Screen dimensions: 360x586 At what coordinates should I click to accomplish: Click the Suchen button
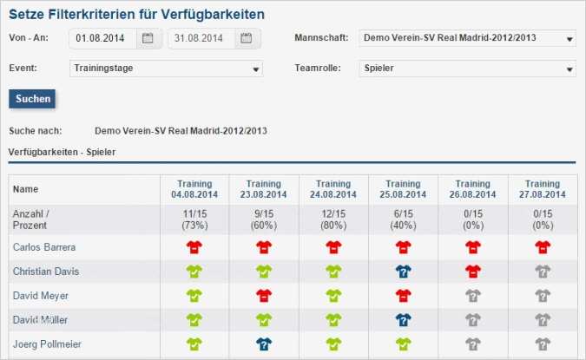click(x=33, y=99)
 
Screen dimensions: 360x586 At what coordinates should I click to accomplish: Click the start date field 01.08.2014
click(x=104, y=38)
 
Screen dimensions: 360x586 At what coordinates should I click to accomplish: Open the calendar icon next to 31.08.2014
click(x=247, y=38)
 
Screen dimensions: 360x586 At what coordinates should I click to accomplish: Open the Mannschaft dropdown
click(x=467, y=38)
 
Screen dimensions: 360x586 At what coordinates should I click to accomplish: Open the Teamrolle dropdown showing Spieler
click(x=467, y=68)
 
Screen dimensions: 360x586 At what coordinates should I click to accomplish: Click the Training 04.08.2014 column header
click(x=194, y=189)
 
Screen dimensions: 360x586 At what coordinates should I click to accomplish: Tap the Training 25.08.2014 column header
click(x=403, y=189)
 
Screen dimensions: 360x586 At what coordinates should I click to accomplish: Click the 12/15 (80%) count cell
click(x=333, y=219)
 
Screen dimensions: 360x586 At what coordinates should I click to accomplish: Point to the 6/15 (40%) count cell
click(x=403, y=219)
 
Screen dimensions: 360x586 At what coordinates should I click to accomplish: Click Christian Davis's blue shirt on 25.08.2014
click(x=403, y=271)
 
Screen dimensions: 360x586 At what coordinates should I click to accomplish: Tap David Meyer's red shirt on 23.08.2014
click(x=264, y=295)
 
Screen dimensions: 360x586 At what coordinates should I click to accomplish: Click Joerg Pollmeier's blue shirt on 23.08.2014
click(x=264, y=344)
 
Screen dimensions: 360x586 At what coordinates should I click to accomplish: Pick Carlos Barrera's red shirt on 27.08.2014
click(x=543, y=246)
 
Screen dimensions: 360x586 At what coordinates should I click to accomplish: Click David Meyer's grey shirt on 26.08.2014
click(x=473, y=295)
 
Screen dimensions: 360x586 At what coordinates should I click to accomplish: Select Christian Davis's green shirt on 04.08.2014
click(x=194, y=271)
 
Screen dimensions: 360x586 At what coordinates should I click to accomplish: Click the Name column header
click(x=26, y=189)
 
